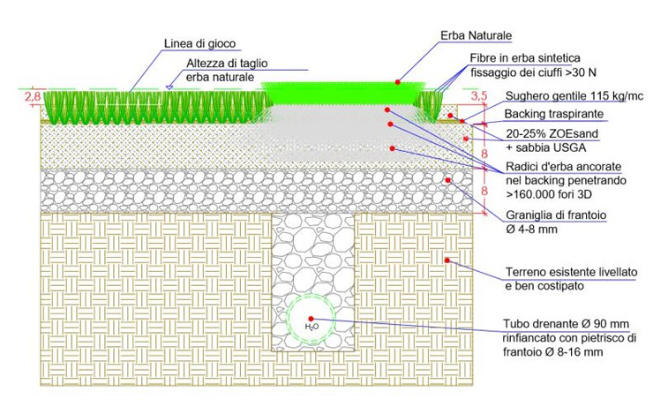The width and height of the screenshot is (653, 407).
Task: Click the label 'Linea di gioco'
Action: click(200, 44)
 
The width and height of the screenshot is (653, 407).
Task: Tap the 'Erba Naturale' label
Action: click(476, 35)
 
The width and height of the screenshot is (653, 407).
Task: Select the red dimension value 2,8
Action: click(33, 96)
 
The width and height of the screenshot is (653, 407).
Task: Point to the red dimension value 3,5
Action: click(479, 96)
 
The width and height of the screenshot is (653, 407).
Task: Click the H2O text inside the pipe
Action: click(311, 327)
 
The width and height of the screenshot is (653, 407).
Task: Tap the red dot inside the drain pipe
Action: click(311, 319)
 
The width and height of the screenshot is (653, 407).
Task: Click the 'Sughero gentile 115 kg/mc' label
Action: click(574, 96)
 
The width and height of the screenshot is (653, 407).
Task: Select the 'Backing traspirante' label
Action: click(554, 114)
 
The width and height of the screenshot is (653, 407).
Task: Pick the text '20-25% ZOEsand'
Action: click(552, 133)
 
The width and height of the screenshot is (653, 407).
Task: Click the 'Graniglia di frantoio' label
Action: click(556, 215)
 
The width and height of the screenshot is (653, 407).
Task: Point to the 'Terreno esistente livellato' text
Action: click(572, 272)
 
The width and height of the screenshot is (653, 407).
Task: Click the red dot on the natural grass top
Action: click(398, 82)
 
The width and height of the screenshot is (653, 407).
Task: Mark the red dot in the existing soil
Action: click(447, 260)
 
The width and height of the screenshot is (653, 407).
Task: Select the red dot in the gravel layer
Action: click(447, 180)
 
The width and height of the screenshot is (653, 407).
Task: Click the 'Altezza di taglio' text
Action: click(227, 64)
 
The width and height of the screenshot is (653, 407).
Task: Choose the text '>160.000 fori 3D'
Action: click(549, 194)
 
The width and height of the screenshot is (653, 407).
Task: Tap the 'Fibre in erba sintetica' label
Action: click(525, 58)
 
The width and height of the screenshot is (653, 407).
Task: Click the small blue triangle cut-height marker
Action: click(169, 87)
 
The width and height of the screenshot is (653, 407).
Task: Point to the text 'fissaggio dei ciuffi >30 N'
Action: click(534, 72)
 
